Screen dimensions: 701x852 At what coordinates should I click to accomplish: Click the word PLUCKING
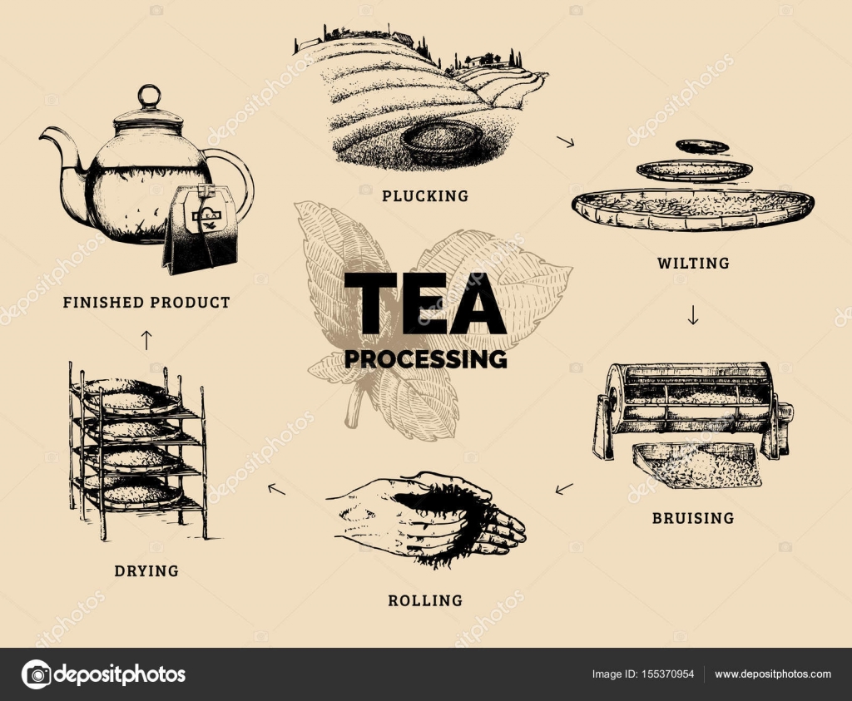click(425, 196)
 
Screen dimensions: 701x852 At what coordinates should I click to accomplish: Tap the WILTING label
click(692, 264)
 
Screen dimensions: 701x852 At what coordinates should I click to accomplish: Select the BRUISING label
click(692, 518)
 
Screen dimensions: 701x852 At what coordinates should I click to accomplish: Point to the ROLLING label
click(425, 600)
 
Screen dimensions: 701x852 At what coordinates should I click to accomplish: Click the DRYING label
click(146, 571)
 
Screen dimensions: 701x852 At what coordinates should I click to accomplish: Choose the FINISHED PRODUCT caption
click(146, 303)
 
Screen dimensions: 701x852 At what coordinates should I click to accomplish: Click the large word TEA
click(425, 304)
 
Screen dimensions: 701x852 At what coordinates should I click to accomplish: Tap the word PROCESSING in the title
click(425, 358)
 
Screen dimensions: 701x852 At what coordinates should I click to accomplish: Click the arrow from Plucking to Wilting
click(566, 142)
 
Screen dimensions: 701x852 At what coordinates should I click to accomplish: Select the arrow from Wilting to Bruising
click(693, 316)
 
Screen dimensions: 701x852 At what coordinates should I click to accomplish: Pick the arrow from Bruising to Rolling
click(564, 488)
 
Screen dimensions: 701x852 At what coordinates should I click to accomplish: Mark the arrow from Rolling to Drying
click(276, 489)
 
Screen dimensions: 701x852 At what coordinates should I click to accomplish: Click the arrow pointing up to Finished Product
click(146, 339)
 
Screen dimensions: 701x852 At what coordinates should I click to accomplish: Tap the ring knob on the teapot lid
click(148, 95)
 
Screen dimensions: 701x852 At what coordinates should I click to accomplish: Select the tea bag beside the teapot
click(200, 229)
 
